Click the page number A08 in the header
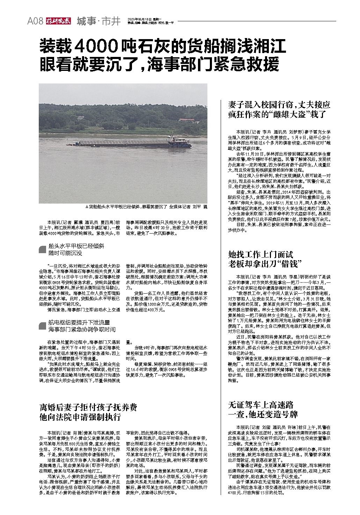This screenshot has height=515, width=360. (x=35, y=21)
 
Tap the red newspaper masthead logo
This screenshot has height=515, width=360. (x=58, y=21)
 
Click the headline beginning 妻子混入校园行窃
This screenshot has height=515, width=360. (x=279, y=104)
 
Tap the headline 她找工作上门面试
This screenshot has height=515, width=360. (x=260, y=254)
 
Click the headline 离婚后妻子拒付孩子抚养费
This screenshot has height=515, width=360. (x=88, y=407)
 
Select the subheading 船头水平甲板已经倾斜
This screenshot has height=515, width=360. (x=76, y=246)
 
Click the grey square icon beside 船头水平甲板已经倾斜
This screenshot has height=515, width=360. (x=43, y=249)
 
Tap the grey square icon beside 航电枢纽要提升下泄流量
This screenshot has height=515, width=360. (x=43, y=326)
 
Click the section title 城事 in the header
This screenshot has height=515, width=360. (x=86, y=21)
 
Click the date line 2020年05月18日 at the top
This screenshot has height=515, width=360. (x=141, y=19)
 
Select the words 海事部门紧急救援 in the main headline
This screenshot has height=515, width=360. (x=213, y=64)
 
